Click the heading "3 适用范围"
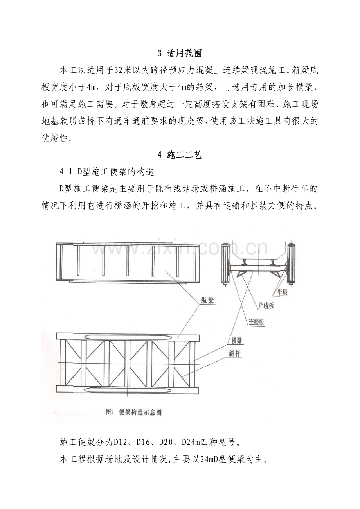tap(180, 53)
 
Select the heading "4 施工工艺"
tap(180, 155)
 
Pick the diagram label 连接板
tap(256, 323)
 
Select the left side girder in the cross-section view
tap(225, 264)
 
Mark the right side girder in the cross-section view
tap(291, 264)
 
